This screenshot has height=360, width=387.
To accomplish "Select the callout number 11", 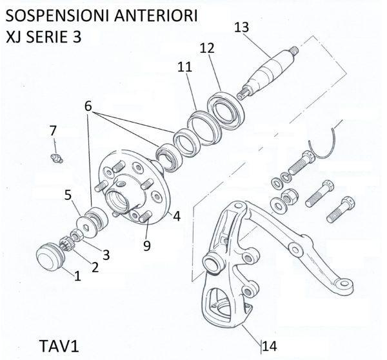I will click(185, 66).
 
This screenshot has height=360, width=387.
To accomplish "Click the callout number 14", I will click(270, 346).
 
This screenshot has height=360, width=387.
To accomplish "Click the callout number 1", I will click(77, 277).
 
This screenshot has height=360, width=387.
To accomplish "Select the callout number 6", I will click(88, 106).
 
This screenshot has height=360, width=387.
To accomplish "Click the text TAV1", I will click(54, 346).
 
